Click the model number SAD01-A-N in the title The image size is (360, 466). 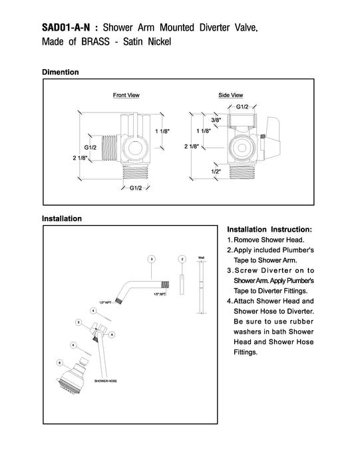66,28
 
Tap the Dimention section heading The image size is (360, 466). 61,72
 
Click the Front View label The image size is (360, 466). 126,95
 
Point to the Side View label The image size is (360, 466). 230,95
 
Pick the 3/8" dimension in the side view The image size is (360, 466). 216,120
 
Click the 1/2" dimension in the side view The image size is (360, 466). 216,172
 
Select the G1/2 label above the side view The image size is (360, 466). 242,107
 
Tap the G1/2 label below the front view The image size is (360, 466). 136,188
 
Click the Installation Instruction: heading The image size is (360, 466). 270,230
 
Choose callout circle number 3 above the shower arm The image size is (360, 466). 152,259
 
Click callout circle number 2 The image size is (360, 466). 182,259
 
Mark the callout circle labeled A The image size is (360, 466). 112,335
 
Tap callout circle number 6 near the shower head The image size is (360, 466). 60,363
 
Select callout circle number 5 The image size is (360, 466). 79,322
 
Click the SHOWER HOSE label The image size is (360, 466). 105,381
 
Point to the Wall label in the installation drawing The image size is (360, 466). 201,258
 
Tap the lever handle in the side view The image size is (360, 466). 271,137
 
